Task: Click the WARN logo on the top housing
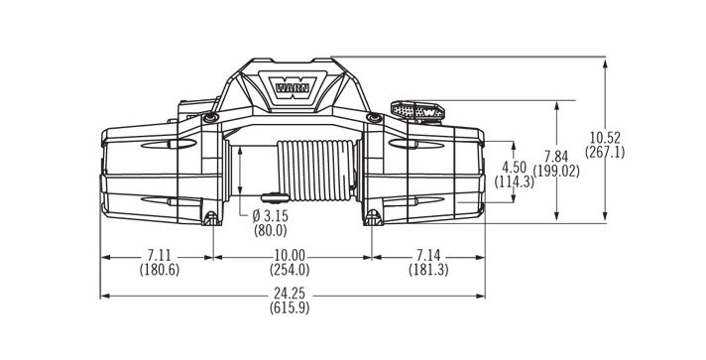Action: [x=293, y=87]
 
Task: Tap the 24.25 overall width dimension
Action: [x=290, y=294]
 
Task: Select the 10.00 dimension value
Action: [x=290, y=256]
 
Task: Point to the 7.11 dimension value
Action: [x=160, y=256]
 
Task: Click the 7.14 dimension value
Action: [x=428, y=256]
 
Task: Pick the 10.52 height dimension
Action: [x=605, y=138]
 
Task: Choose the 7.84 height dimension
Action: [x=556, y=158]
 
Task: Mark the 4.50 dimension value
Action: [x=514, y=168]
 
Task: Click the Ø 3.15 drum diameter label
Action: [x=270, y=216]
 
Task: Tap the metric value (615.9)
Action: [x=290, y=308]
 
